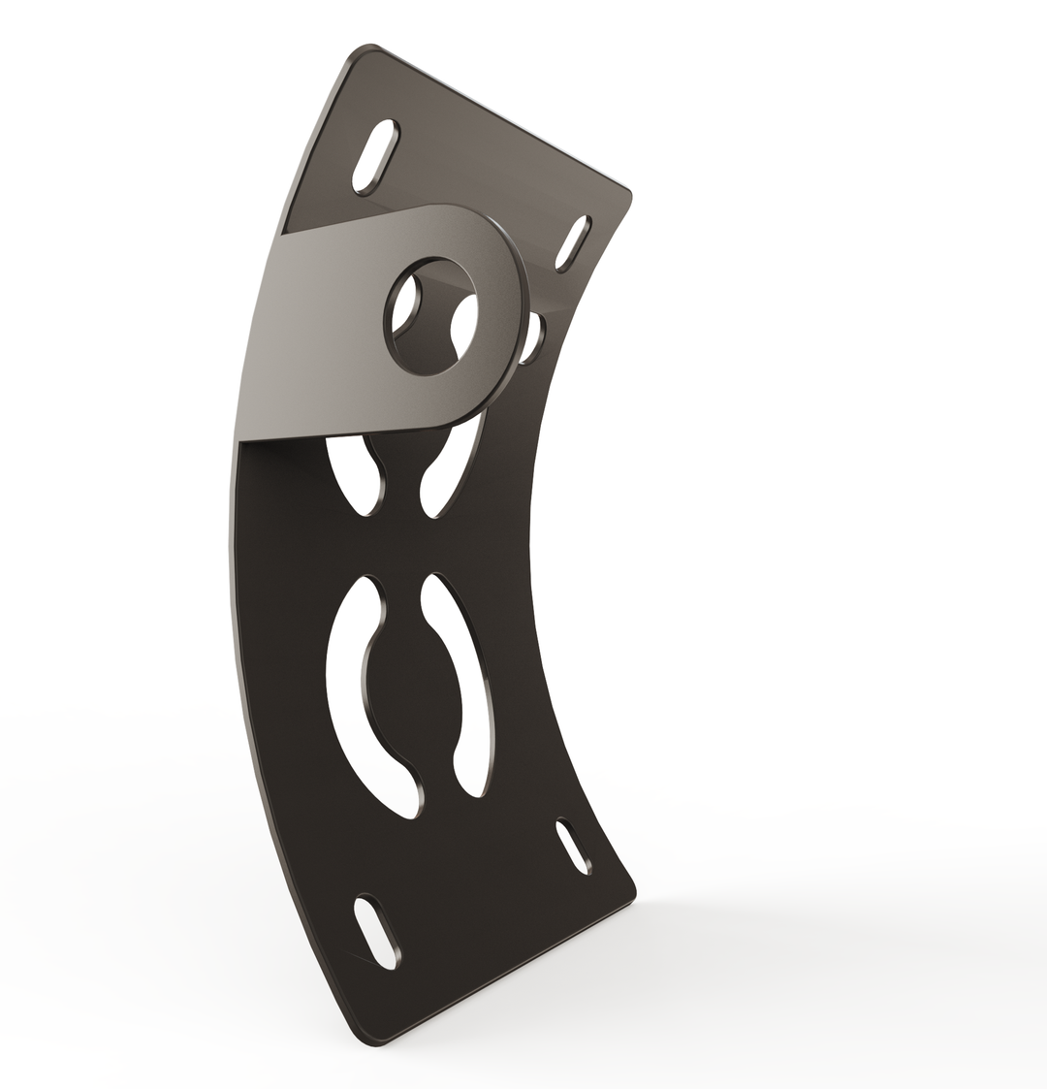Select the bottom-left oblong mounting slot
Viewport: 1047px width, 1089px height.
pyautogui.click(x=375, y=930)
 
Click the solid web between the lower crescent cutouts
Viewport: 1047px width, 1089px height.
pyautogui.click(x=412, y=693)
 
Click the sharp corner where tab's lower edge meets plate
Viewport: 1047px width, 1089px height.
pyautogui.click(x=239, y=441)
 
